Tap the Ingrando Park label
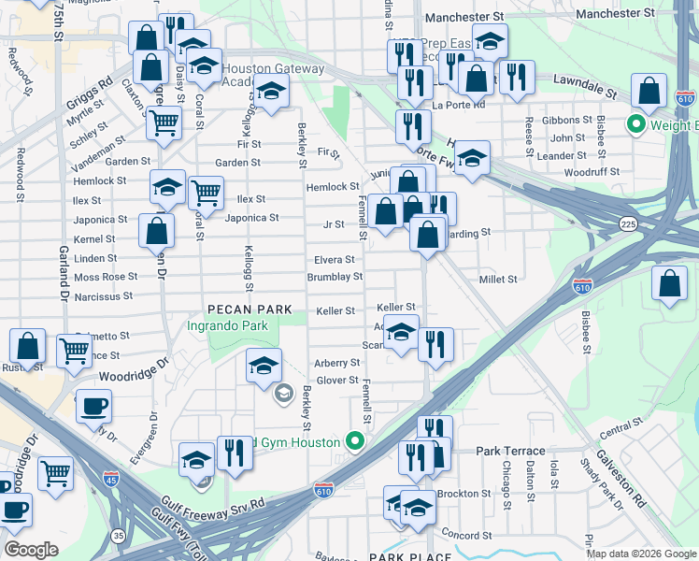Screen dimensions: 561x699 (x=227, y=325)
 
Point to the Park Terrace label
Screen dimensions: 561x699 (x=503, y=451)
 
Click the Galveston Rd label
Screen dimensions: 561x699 (x=626, y=486)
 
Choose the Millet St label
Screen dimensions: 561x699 (x=498, y=280)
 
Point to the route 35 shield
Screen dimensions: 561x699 (x=117, y=536)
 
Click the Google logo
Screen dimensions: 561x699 (x=31, y=550)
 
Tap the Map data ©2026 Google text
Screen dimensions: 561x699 (x=641, y=554)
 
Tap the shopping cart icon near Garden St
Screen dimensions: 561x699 (x=164, y=122)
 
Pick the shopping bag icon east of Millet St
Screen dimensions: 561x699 (x=669, y=286)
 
